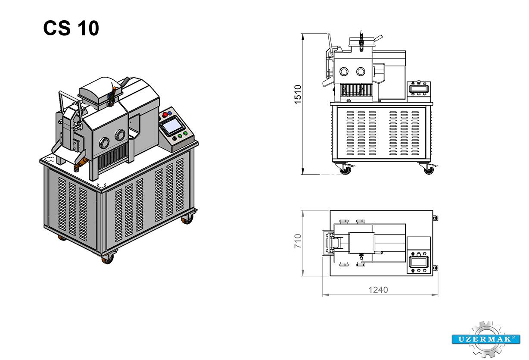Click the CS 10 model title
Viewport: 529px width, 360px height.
[x=71, y=28]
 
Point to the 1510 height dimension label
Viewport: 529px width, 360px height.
[x=298, y=94]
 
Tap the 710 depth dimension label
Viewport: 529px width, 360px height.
[x=298, y=241]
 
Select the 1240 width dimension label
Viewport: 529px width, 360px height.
[x=378, y=290]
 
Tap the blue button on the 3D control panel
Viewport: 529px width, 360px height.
[x=169, y=113]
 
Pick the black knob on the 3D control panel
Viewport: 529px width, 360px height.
[x=174, y=138]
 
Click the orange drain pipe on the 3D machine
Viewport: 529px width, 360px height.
[x=80, y=164]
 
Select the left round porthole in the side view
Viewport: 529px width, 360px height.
[x=344, y=72]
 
